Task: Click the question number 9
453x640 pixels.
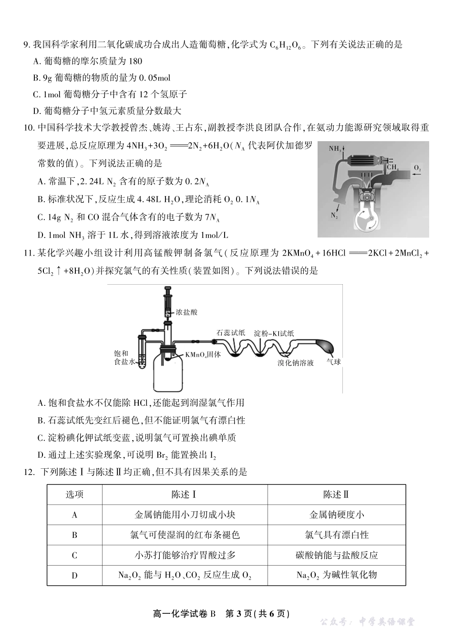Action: point(27,45)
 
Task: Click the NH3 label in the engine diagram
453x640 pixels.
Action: point(335,149)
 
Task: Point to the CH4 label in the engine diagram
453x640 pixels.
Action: point(392,167)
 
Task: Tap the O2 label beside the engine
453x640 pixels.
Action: point(417,168)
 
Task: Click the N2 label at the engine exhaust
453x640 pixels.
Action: point(334,216)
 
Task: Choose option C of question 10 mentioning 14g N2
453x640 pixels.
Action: point(128,217)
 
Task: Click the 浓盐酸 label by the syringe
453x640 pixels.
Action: point(186,312)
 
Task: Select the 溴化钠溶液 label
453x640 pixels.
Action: point(296,363)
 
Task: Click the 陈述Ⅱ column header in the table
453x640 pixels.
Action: point(336,495)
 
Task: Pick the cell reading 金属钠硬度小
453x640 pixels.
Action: point(336,515)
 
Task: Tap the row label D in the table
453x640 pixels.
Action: point(74,575)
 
